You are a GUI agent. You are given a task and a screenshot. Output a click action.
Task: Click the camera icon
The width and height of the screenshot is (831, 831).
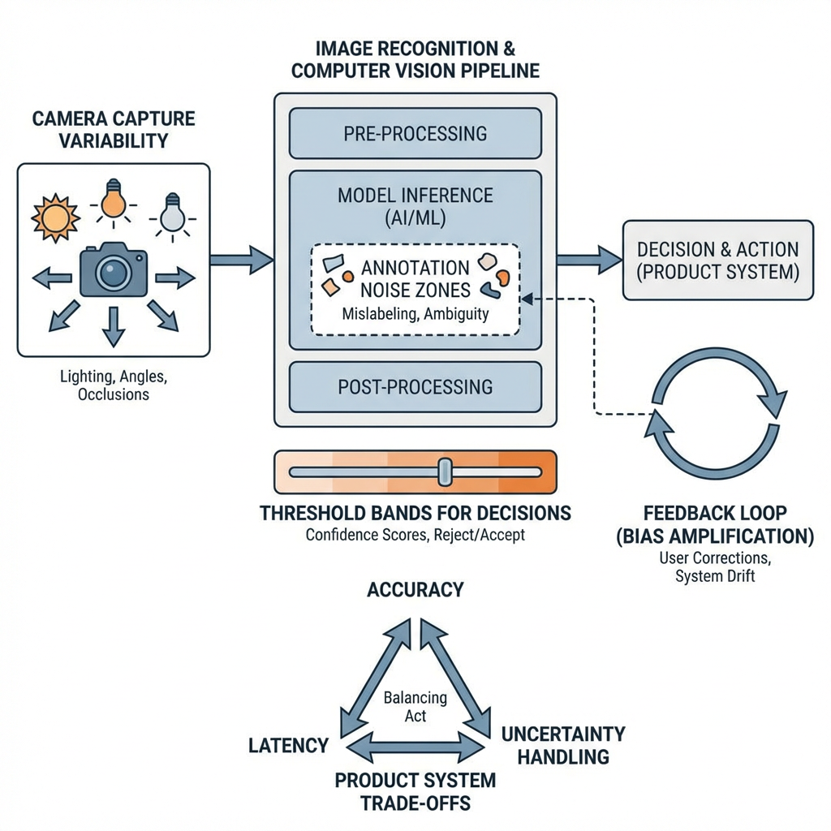click(113, 270)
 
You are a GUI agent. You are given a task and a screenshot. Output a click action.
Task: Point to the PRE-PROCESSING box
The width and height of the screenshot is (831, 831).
click(415, 133)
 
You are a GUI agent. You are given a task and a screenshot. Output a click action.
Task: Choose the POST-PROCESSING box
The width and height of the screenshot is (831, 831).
click(415, 387)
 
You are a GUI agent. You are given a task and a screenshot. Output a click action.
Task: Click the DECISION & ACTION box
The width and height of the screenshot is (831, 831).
click(717, 260)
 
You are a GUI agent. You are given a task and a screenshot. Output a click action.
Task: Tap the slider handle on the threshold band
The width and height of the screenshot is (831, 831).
click(445, 471)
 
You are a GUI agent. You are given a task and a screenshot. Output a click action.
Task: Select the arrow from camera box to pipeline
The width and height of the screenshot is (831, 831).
click(241, 260)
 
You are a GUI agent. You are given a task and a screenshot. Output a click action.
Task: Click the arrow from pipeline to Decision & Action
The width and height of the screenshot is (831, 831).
click(589, 260)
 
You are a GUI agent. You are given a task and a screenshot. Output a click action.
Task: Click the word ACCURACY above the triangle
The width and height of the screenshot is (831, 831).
click(415, 589)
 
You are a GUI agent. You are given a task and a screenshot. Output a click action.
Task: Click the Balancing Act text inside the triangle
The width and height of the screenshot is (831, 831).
click(415, 706)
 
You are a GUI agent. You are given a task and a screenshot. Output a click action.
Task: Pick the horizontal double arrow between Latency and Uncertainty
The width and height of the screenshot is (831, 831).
click(415, 745)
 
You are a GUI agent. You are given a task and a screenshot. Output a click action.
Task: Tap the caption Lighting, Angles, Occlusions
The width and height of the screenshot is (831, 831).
click(114, 385)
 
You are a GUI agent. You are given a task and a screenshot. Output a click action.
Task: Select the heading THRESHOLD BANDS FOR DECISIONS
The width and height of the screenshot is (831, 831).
click(415, 513)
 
